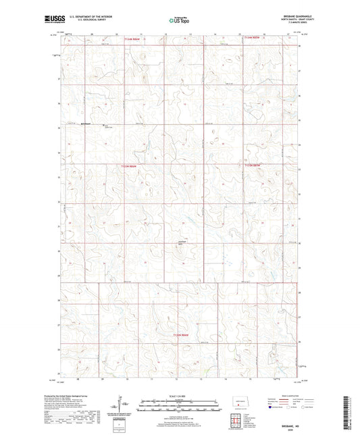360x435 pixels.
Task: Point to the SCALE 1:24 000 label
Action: [x=179, y=396]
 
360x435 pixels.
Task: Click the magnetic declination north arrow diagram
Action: [x=126, y=407]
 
